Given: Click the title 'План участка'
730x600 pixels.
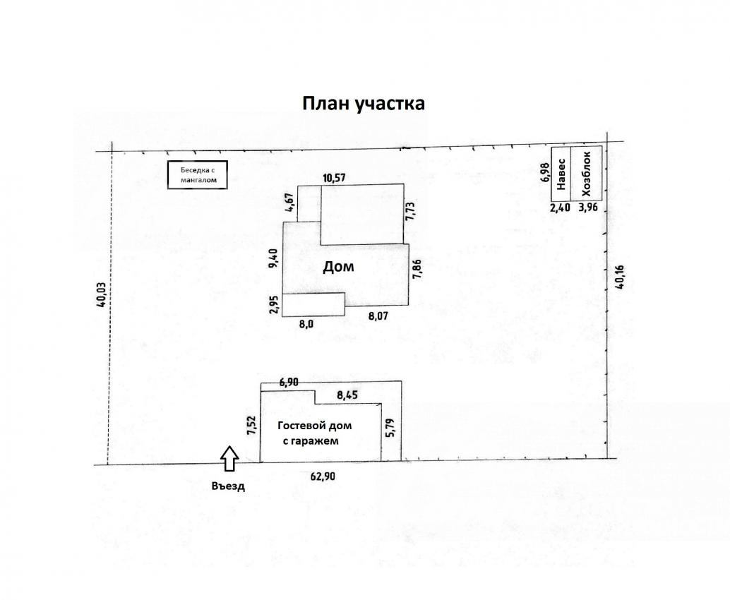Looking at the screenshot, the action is (363, 103).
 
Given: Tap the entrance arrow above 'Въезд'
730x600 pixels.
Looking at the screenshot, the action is (229, 459).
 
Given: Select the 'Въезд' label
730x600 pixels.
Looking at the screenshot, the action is (228, 486).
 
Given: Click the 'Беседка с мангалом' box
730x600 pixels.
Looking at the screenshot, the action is (198, 175).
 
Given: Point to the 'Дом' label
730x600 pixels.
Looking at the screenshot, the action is (338, 267).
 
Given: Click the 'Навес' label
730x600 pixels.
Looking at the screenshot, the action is (561, 174).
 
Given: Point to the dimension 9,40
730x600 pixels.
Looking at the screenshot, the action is (274, 259).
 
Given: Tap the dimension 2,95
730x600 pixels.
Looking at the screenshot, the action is (275, 305).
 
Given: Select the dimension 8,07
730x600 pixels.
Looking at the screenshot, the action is (378, 316).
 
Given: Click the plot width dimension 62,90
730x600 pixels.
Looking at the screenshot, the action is (323, 476).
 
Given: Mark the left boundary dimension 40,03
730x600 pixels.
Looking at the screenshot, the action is (100, 295).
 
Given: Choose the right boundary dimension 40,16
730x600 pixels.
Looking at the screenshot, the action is (619, 277).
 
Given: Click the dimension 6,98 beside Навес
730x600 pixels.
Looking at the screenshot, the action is (546, 172).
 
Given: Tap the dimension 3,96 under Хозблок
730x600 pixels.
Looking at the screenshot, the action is (587, 207).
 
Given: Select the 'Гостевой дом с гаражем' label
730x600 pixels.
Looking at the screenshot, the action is (314, 433).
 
